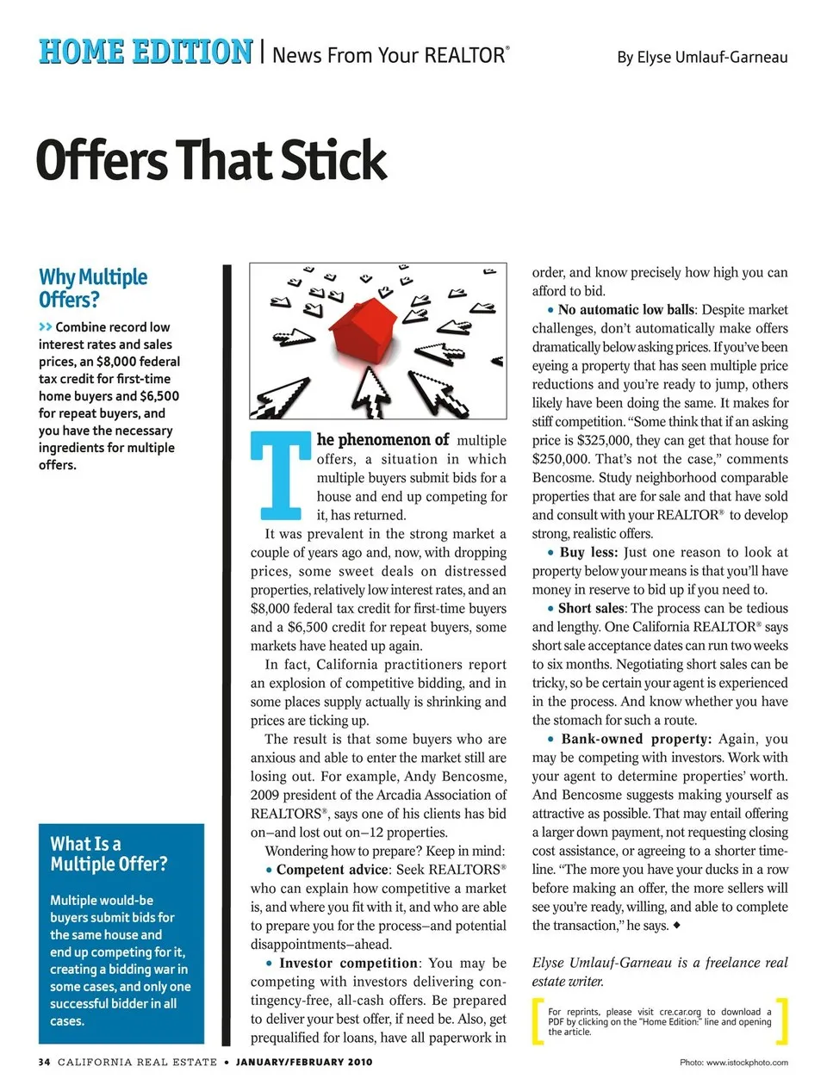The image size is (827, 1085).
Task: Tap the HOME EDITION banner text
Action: pyautogui.click(x=146, y=53)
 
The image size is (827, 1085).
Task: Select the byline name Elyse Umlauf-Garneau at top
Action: pyautogui.click(x=701, y=58)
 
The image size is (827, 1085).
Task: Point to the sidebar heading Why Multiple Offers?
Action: pyautogui.click(x=92, y=288)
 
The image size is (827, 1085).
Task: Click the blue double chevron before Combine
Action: pyautogui.click(x=46, y=327)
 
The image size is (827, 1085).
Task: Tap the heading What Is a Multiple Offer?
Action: pyautogui.click(x=109, y=853)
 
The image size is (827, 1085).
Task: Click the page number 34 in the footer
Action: pyautogui.click(x=44, y=1062)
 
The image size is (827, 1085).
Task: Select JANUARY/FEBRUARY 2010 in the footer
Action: pyautogui.click(x=304, y=1062)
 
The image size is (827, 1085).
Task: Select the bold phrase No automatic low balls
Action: pyautogui.click(x=625, y=310)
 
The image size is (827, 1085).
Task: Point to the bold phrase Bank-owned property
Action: pyautogui.click(x=636, y=739)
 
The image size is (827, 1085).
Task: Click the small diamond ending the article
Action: pyautogui.click(x=677, y=925)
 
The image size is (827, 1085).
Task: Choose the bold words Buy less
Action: pyautogui.click(x=588, y=552)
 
